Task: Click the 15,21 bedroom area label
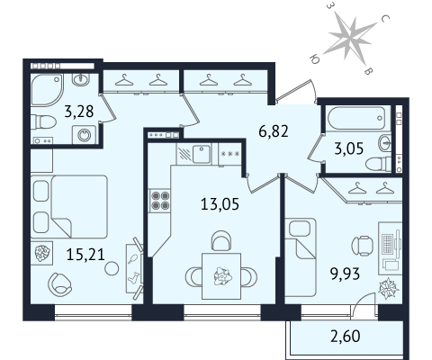click(85, 255)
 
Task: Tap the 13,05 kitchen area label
click(220, 204)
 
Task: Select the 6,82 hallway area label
click(274, 131)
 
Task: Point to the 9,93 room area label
click(345, 274)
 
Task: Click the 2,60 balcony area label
click(346, 337)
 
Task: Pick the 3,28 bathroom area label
click(79, 112)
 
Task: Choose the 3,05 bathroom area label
click(349, 148)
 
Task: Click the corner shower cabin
click(48, 90)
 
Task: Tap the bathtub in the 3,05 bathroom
click(356, 118)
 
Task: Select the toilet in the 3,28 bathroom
click(43, 122)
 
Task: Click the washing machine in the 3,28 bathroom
click(84, 135)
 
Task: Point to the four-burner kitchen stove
click(160, 201)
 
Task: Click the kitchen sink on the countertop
click(202, 154)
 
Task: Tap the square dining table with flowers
click(221, 276)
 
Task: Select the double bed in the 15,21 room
click(69, 206)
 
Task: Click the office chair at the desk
click(362, 246)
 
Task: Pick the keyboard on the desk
click(387, 243)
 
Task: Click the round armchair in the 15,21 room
click(60, 283)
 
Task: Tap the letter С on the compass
click(385, 19)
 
